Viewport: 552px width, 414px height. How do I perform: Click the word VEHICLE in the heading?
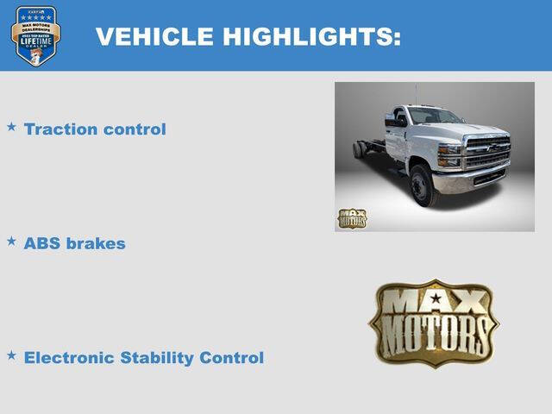pyautogui.click(x=154, y=36)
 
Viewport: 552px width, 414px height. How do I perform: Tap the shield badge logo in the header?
pyautogui.click(x=35, y=35)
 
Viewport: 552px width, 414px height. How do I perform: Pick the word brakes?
pyautogui.click(x=97, y=243)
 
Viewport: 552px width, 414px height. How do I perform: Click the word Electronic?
pyautogui.click(x=72, y=357)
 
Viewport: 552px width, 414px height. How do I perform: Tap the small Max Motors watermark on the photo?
pyautogui.click(x=352, y=218)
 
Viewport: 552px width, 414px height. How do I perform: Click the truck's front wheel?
pyautogui.click(x=422, y=185)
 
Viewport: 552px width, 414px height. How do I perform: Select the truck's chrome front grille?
pyautogui.click(x=488, y=153)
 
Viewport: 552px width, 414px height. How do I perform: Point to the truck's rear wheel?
pyautogui.click(x=358, y=149)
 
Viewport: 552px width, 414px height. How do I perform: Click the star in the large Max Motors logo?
pyautogui.click(x=436, y=299)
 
